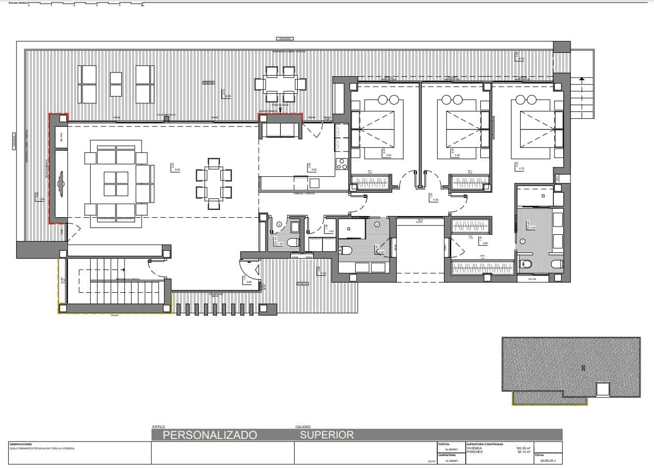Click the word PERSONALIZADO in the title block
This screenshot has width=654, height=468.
tap(210, 435)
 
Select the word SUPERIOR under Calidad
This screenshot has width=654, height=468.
tap(327, 435)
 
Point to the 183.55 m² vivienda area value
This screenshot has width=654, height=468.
tap(522, 448)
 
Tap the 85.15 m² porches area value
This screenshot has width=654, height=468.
tap(522, 452)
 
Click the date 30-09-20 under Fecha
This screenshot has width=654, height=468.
tap(548, 460)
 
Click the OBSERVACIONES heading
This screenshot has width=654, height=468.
tap(21, 444)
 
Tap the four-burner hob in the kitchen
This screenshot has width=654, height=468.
tap(342, 164)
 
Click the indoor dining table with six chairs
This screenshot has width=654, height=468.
tap(214, 183)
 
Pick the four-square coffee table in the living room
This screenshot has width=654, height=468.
tap(116, 184)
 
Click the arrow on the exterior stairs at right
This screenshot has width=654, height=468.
tap(582, 79)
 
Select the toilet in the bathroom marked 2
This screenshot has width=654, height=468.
tap(346, 251)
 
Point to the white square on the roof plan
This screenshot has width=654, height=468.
tap(602, 389)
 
